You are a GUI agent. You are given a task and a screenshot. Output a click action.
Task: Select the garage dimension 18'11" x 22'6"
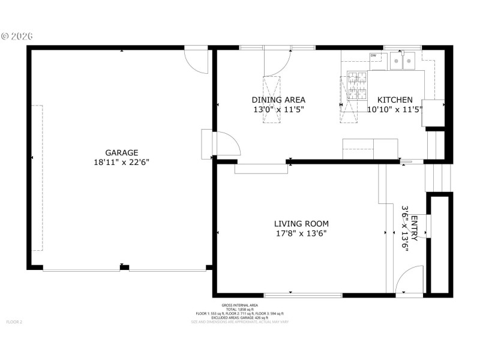pos(122,162)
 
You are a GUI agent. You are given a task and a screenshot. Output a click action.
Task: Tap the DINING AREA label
pos(278,100)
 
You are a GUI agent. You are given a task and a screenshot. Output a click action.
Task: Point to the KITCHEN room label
pos(394,100)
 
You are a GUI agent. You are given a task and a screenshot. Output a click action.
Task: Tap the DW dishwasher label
pos(373,56)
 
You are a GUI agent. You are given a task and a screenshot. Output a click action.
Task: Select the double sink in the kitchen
pos(403,61)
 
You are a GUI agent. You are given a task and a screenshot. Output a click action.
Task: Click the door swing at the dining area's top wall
pos(277,62)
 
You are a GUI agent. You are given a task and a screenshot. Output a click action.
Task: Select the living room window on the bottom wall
pos(303,295)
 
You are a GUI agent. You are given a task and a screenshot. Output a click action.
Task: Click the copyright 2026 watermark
pos(17,36)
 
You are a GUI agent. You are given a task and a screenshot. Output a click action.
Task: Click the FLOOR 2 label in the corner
pos(14,322)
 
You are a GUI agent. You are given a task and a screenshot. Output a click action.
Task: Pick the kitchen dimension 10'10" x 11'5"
pos(394,109)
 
